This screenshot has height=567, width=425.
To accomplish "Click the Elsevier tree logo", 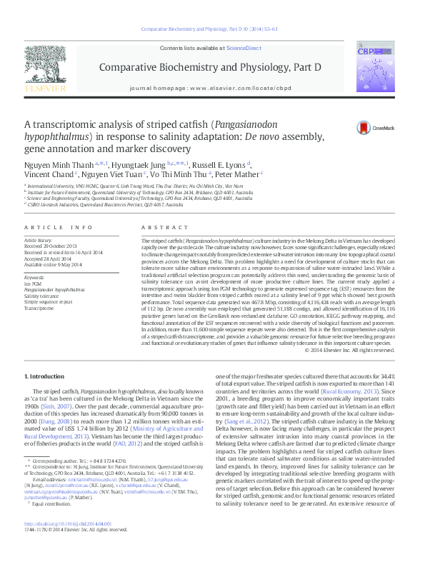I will pos(46,66).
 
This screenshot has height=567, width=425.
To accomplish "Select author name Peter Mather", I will pos(240,174).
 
